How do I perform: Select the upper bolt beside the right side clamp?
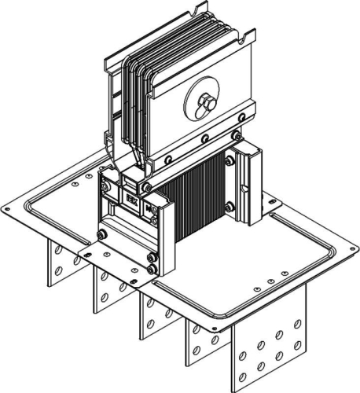(x=229, y=161)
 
